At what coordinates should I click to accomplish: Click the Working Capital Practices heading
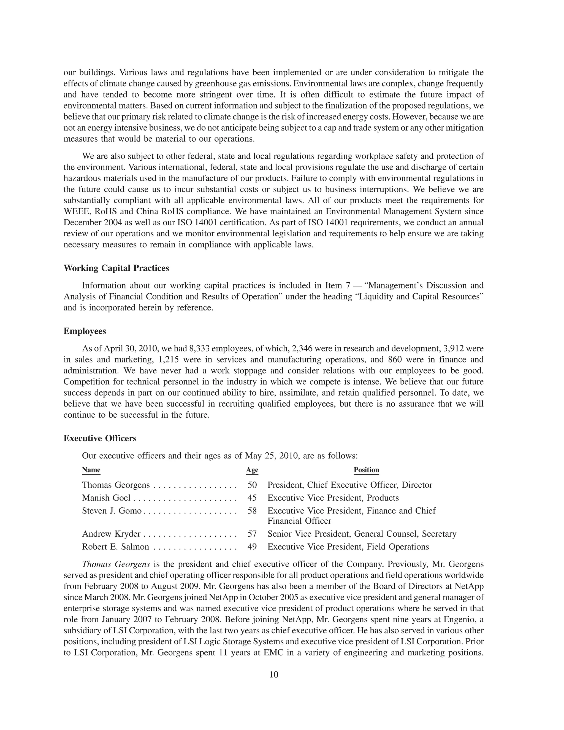(x=116, y=268)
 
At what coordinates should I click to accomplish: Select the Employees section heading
(x=85, y=331)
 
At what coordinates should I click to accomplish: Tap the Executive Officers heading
(x=100, y=438)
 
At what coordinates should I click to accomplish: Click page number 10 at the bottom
(x=274, y=675)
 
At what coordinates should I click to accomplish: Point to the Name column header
(x=91, y=470)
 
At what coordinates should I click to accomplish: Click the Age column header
(x=252, y=470)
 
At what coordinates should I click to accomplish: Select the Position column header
(x=366, y=470)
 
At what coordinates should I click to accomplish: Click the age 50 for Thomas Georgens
(x=252, y=485)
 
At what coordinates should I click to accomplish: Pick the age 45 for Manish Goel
(x=252, y=498)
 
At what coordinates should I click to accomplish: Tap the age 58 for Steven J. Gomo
(x=252, y=511)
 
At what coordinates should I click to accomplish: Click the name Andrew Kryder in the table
(x=111, y=534)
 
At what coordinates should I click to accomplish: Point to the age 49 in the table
(x=252, y=547)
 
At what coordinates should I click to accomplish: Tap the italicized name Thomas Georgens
(x=116, y=564)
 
